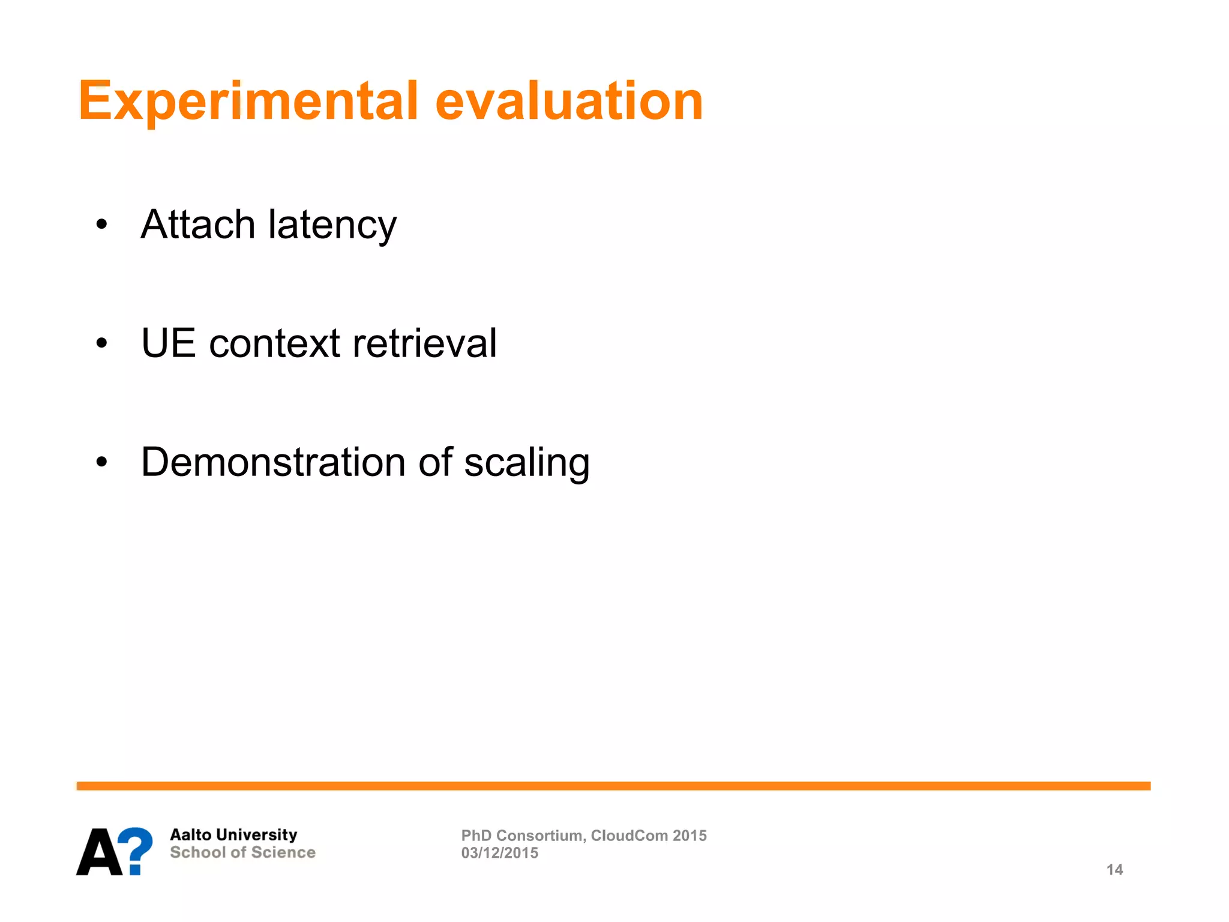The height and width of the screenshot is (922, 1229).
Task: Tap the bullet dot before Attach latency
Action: [102, 224]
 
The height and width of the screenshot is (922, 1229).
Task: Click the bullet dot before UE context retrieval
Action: [102, 343]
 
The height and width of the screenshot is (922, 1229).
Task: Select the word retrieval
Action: [424, 343]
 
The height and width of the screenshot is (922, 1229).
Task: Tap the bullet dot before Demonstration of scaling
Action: [102, 462]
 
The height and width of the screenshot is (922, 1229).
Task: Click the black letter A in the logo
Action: [99, 852]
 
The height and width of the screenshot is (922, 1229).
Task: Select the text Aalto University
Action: [233, 835]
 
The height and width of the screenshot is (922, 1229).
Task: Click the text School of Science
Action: [242, 852]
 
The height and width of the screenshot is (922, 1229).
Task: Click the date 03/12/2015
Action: [499, 853]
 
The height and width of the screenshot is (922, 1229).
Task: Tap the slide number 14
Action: [1114, 870]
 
